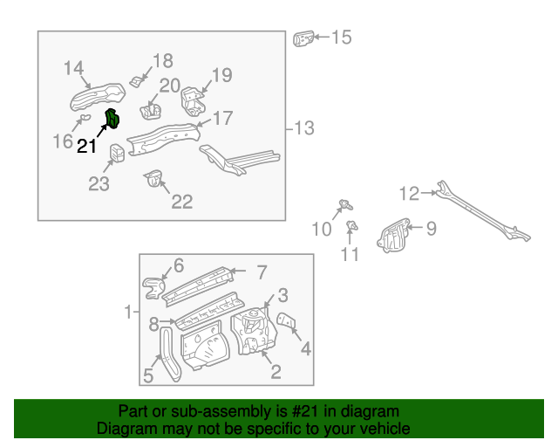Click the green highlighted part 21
pyautogui.click(x=112, y=119)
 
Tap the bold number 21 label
pyautogui.click(x=86, y=147)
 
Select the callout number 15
pyautogui.click(x=340, y=38)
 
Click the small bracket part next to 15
pyautogui.click(x=303, y=39)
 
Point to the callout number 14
pyautogui.click(x=74, y=68)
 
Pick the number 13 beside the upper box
pyautogui.click(x=303, y=128)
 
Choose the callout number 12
pyautogui.click(x=410, y=193)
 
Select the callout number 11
pyautogui.click(x=349, y=255)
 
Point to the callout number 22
pyautogui.click(x=181, y=202)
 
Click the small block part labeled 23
pyautogui.click(x=116, y=154)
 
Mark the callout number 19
pyautogui.click(x=221, y=75)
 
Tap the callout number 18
pyautogui.click(x=163, y=60)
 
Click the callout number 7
pyautogui.click(x=261, y=272)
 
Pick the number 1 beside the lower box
pyautogui.click(x=127, y=312)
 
